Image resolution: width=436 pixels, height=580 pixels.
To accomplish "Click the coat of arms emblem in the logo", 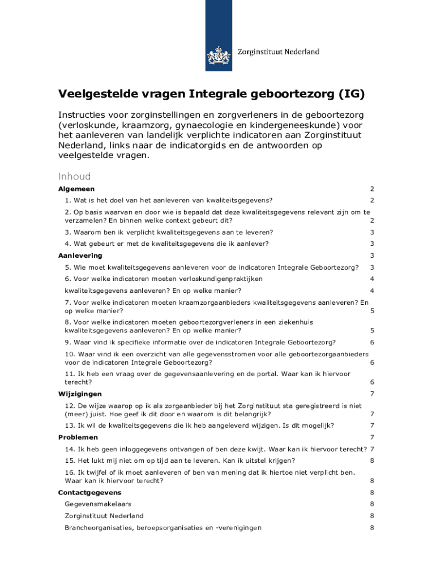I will point(218,56).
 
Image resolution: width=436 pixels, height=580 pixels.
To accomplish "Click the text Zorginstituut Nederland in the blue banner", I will point(277,52).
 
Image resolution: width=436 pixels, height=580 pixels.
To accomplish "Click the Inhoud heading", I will point(74,176).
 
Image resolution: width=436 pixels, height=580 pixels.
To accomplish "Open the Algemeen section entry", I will point(76,189).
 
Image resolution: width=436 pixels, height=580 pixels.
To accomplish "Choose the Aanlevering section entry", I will point(80,255).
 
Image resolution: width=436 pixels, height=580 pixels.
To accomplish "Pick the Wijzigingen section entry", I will point(80,394).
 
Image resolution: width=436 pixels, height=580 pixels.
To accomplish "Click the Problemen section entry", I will point(78,437).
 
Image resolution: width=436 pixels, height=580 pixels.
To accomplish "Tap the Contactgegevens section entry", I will point(89,493).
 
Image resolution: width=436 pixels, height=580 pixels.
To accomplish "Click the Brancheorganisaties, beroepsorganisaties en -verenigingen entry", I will point(163,528).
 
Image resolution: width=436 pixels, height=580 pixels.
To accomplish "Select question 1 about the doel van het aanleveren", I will point(169,200).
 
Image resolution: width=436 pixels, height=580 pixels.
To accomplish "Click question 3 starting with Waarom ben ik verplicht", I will point(169,232).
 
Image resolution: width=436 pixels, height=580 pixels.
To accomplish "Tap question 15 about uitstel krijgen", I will point(179,460).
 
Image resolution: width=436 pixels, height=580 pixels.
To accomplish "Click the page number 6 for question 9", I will point(372,342).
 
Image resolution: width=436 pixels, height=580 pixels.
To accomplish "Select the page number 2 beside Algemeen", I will point(372,189).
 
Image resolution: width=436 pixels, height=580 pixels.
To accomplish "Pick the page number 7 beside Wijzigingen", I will point(372,394).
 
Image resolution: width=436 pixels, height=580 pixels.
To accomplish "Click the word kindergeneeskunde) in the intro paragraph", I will point(309,125).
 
